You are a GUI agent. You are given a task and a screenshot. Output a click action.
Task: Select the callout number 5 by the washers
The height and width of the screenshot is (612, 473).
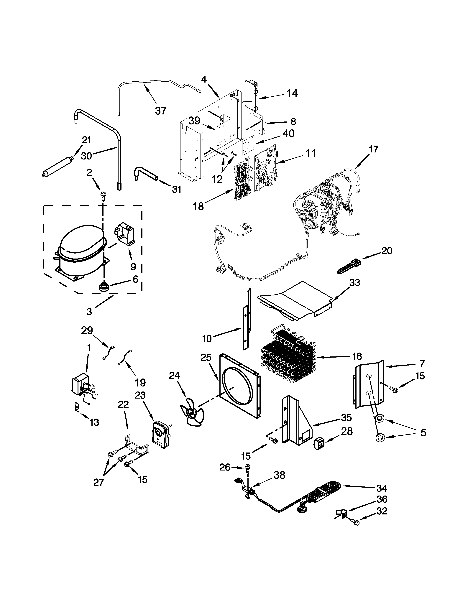pyautogui.click(x=423, y=432)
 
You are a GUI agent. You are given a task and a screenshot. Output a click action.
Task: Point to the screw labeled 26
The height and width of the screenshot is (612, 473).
pyautogui.click(x=247, y=467)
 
